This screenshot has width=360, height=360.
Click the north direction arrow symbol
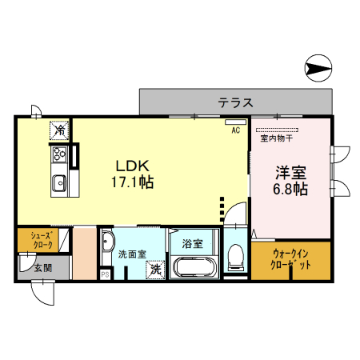coord(321,69)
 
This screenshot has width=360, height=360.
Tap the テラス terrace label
coord(235,102)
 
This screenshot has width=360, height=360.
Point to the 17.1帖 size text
coord(132,182)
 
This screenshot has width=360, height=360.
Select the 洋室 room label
coord(290,173)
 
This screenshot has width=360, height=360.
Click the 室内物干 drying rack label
coord(276,138)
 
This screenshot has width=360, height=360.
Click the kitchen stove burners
coord(60,154)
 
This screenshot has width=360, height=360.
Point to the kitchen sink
coord(59,184)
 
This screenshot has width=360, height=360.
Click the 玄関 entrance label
coord(43,268)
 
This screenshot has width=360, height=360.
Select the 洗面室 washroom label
coord(132,254)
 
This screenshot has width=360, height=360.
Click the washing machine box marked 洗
coord(156,270)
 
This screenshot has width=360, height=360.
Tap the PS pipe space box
coord(105,274)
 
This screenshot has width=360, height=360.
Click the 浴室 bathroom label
coord(192,242)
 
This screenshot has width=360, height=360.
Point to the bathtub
coord(193,268)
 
